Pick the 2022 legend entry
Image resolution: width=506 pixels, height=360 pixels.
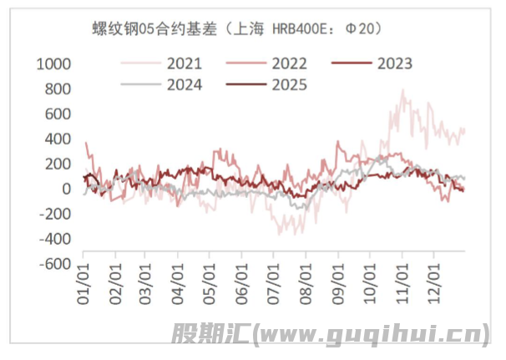tap(290, 63)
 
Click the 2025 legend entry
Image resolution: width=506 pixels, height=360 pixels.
tap(290, 84)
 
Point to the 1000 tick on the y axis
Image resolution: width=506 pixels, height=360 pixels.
tap(54, 63)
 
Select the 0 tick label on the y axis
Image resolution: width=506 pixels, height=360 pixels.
tap(68, 189)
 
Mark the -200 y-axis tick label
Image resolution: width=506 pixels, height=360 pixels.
tap(54, 214)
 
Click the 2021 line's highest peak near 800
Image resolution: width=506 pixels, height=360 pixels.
tap(403, 90)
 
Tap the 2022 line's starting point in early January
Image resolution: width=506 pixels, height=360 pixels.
tap(86, 143)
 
